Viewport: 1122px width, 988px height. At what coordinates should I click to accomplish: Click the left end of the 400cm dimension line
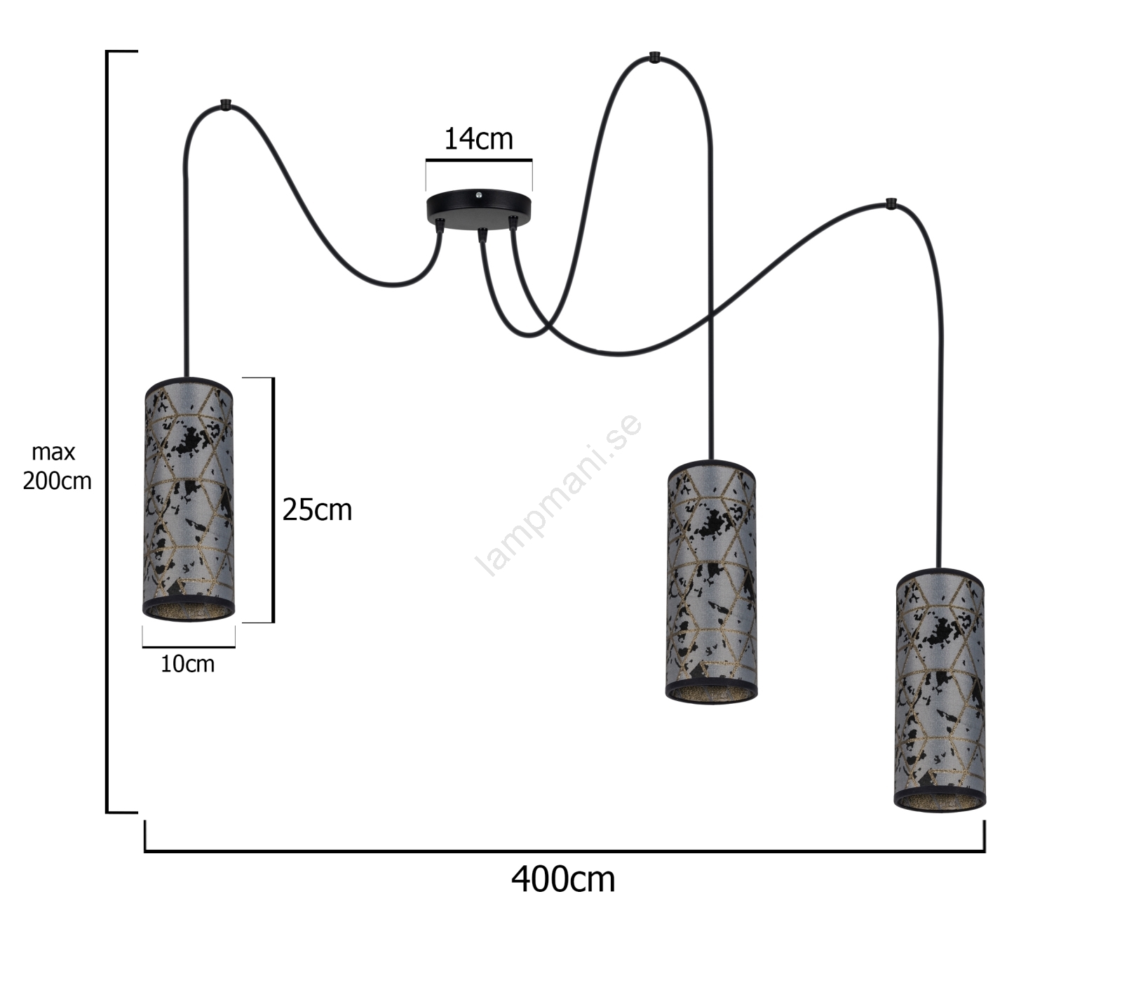click(145, 851)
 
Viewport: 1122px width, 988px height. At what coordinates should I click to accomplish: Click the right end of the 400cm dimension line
click(985, 851)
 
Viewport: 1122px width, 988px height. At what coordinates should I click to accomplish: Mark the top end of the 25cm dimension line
click(273, 378)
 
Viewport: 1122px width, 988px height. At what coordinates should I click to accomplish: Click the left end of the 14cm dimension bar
click(426, 161)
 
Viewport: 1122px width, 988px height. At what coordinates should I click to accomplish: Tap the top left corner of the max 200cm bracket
click(107, 51)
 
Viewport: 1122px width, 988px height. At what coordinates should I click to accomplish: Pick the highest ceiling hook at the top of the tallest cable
click(654, 56)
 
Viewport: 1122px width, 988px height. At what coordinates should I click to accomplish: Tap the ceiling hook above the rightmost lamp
click(891, 203)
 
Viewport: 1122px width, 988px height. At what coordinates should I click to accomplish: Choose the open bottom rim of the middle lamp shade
click(711, 693)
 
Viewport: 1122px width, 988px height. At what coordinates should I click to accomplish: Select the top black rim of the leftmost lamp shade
click(189, 387)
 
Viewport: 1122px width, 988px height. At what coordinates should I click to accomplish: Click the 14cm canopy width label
click(478, 139)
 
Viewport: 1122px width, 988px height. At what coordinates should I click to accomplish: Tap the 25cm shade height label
click(317, 510)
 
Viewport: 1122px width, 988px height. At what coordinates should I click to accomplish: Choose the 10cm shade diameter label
click(187, 664)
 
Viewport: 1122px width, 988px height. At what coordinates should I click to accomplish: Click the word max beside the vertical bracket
click(53, 453)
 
